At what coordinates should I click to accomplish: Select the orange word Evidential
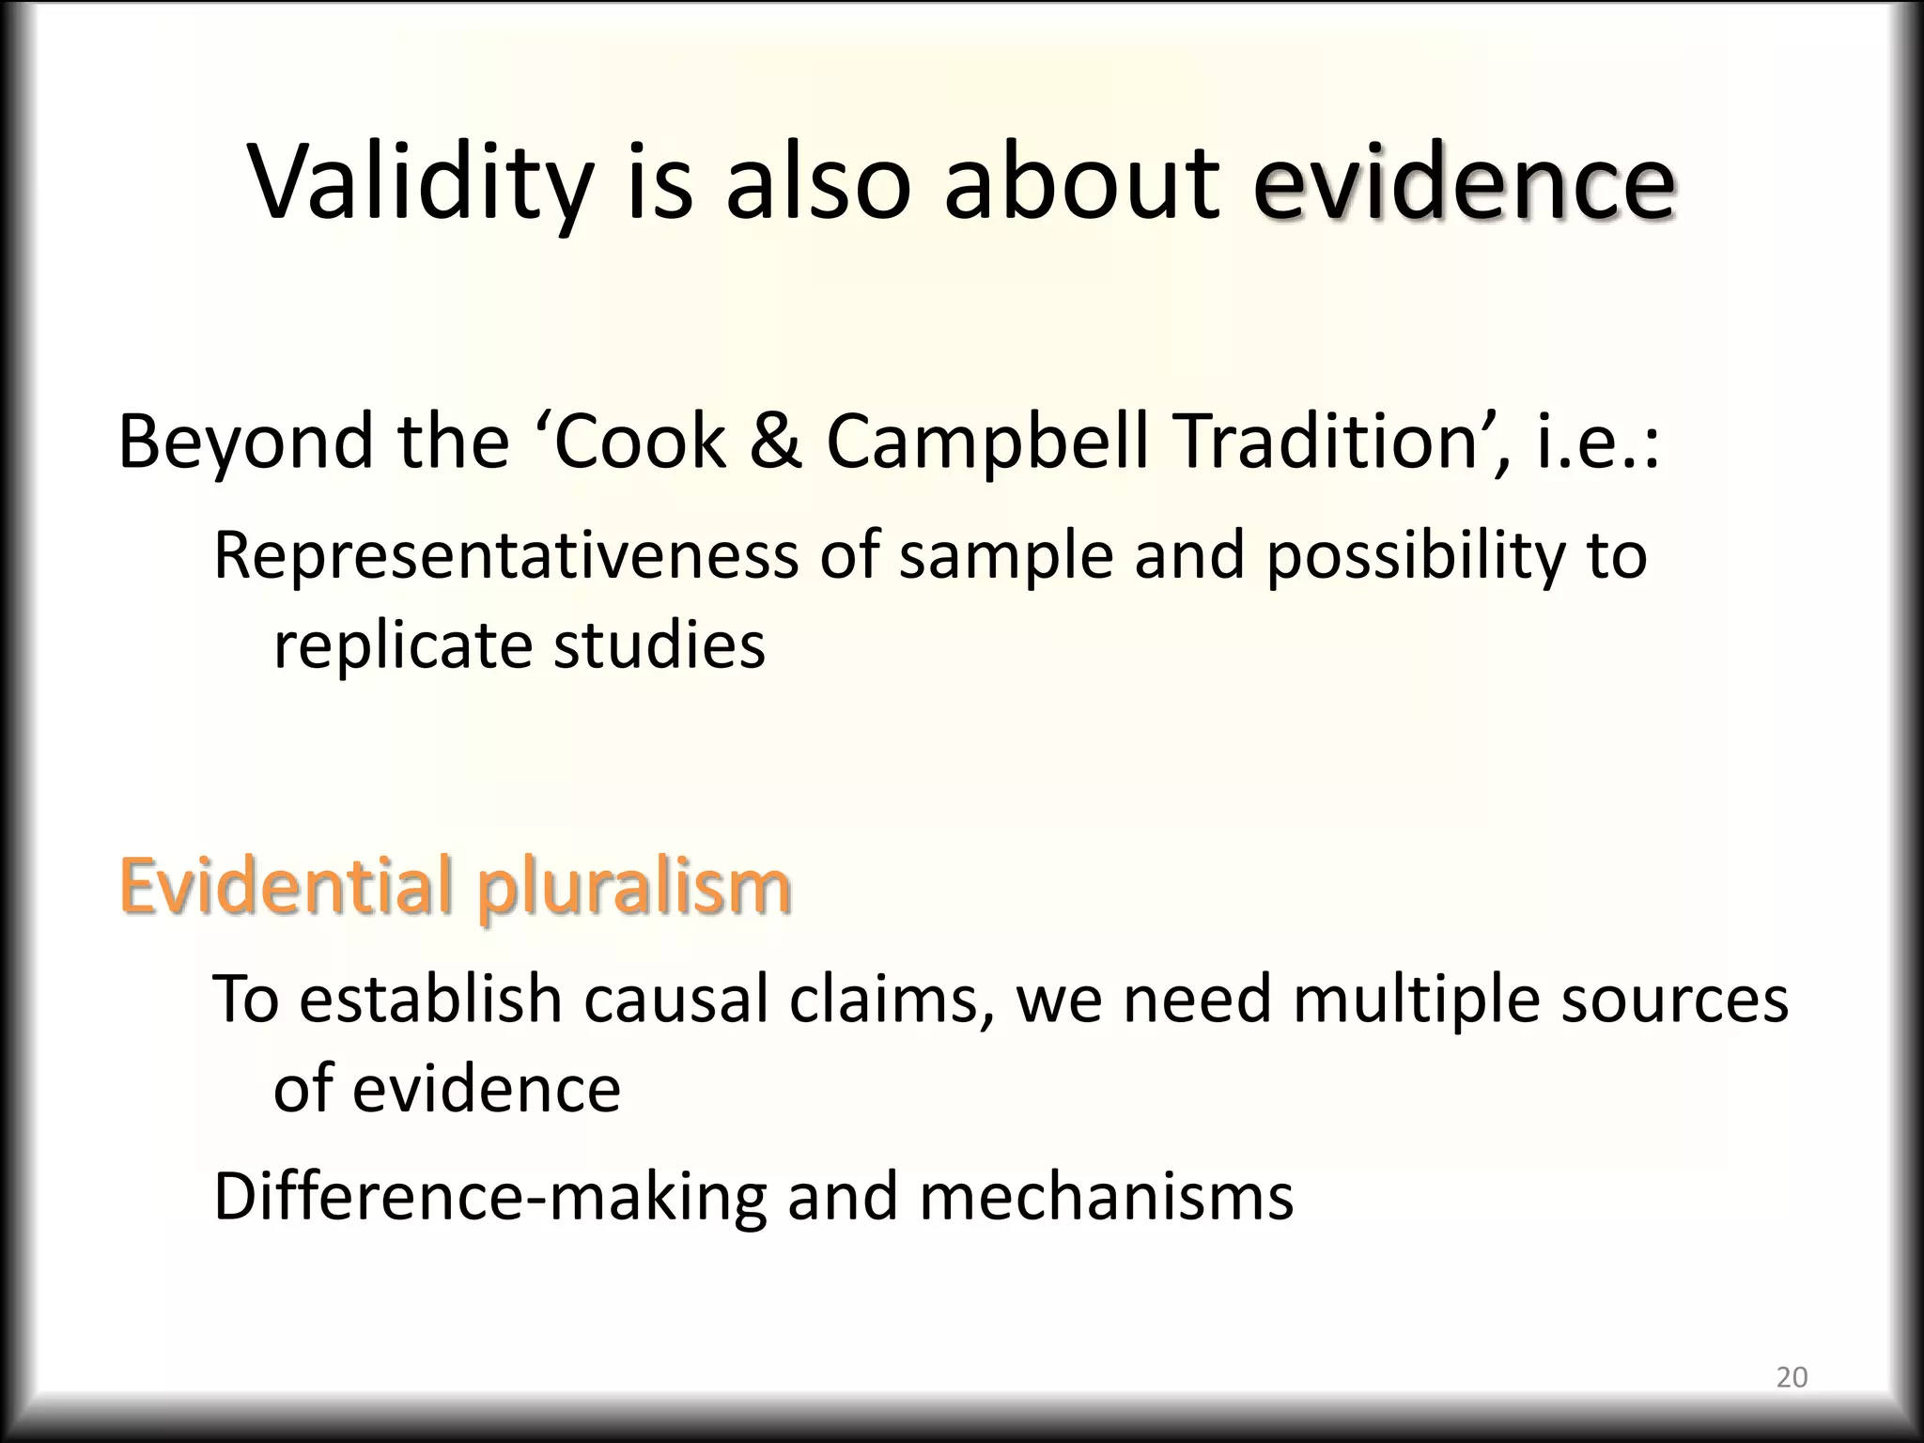pos(287,885)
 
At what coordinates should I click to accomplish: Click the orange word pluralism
pos(634,887)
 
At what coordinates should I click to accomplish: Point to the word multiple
pos(1416,1000)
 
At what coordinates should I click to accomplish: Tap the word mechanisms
pos(1106,1197)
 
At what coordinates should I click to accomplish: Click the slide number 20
pos(1792,1377)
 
